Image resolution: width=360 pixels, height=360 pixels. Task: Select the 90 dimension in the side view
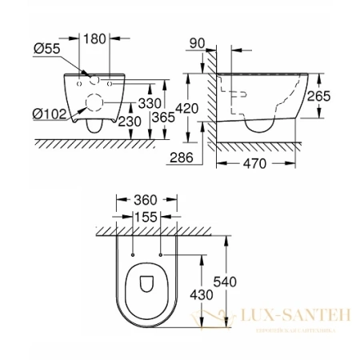(x=198, y=42)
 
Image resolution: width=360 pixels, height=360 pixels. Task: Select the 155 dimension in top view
(x=145, y=216)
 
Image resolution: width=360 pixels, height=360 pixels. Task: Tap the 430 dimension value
(x=200, y=294)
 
